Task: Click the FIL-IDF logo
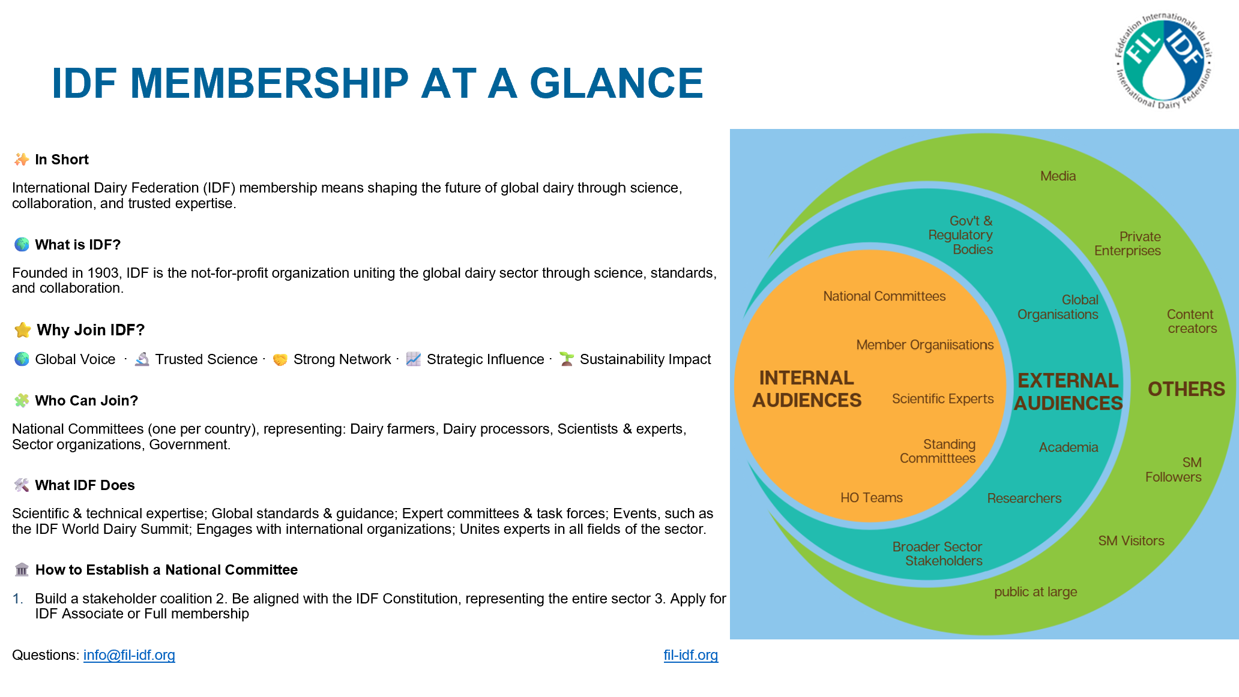pyautogui.click(x=1163, y=61)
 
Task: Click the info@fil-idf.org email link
pyautogui.click(x=129, y=655)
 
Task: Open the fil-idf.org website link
pyautogui.click(x=690, y=655)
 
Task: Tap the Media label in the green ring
pyautogui.click(x=1058, y=176)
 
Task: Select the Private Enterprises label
pyautogui.click(x=1127, y=244)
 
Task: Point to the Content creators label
pyautogui.click(x=1192, y=322)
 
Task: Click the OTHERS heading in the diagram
pyautogui.click(x=1186, y=389)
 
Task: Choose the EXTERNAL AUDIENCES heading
pyautogui.click(x=1068, y=392)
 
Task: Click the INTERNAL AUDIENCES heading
pyautogui.click(x=807, y=389)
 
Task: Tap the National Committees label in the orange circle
pyautogui.click(x=884, y=296)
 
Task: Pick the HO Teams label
pyautogui.click(x=871, y=498)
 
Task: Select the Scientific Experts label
pyautogui.click(x=942, y=399)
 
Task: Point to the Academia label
pyautogui.click(x=1069, y=447)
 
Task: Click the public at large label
pyautogui.click(x=1036, y=592)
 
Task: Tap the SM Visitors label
pyautogui.click(x=1131, y=541)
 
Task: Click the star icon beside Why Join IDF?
pyautogui.click(x=23, y=330)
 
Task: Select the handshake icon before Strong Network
pyautogui.click(x=280, y=359)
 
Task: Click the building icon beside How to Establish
pyautogui.click(x=22, y=569)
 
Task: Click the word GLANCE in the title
pyautogui.click(x=616, y=83)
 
